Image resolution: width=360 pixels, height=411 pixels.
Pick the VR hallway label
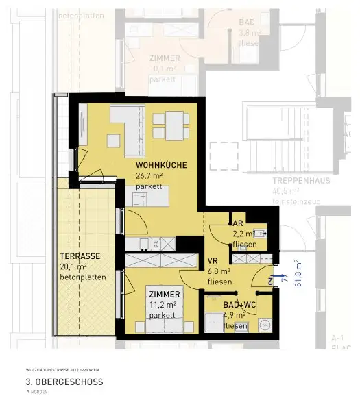click(x=213, y=260)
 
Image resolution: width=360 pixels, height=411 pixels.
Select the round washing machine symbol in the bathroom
click(x=263, y=324)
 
